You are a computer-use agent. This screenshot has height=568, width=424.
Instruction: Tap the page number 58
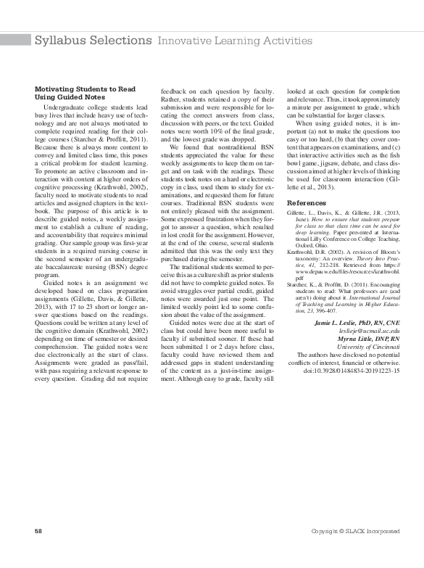tap(38, 532)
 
